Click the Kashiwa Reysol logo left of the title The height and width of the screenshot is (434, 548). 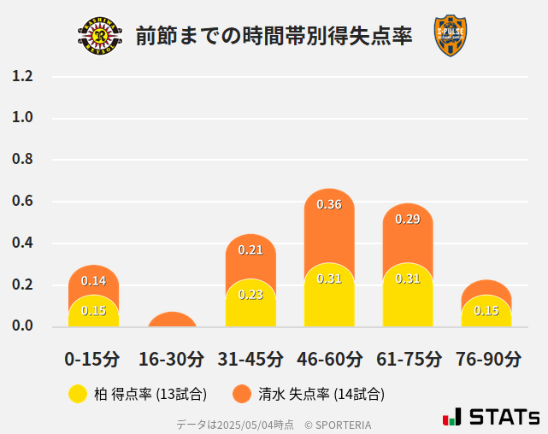click(x=100, y=35)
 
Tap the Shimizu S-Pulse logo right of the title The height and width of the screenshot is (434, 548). click(x=450, y=35)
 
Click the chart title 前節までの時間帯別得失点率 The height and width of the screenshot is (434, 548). click(x=274, y=36)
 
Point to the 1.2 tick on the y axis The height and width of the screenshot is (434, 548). click(x=22, y=76)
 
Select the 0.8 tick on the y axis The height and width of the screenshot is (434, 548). click(x=22, y=160)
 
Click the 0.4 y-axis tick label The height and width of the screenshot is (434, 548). click(x=22, y=243)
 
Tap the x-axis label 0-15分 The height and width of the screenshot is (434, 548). click(x=93, y=359)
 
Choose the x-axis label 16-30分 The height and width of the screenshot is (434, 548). click(x=172, y=359)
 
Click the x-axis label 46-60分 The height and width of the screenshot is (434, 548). click(x=329, y=359)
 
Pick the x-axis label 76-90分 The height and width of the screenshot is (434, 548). click(x=486, y=359)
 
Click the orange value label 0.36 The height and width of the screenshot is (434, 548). click(x=329, y=204)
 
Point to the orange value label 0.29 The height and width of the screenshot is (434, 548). click(x=408, y=220)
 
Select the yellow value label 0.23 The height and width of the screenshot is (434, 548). click(x=250, y=294)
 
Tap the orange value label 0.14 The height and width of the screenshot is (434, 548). click(x=93, y=280)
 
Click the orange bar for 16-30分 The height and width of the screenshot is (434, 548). click(x=172, y=320)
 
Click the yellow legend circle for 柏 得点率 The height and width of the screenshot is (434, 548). click(x=78, y=394)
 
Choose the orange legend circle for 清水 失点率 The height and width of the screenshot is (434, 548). click(x=242, y=394)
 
